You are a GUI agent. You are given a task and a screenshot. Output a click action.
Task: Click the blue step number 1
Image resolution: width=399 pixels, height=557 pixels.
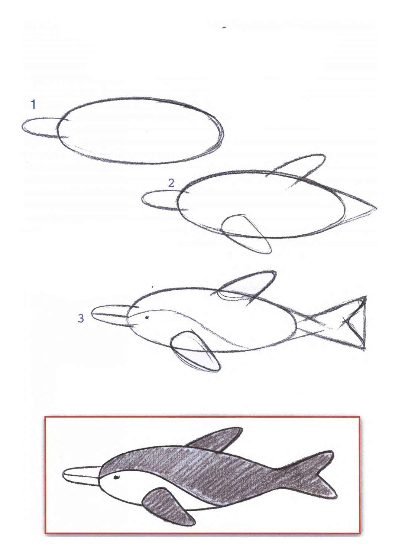[x=33, y=104]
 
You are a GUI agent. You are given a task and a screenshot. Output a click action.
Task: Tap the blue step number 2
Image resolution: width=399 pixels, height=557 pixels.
[x=171, y=183]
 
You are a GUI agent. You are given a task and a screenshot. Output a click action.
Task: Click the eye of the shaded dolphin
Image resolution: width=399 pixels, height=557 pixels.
[x=116, y=477]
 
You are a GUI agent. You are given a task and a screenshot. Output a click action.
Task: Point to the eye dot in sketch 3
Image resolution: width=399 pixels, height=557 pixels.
[x=147, y=317]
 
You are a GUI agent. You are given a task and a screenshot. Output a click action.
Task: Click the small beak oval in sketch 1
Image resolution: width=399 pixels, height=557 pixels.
[x=41, y=127]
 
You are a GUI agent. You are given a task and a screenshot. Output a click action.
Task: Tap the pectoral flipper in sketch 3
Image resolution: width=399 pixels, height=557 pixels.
[x=195, y=351]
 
